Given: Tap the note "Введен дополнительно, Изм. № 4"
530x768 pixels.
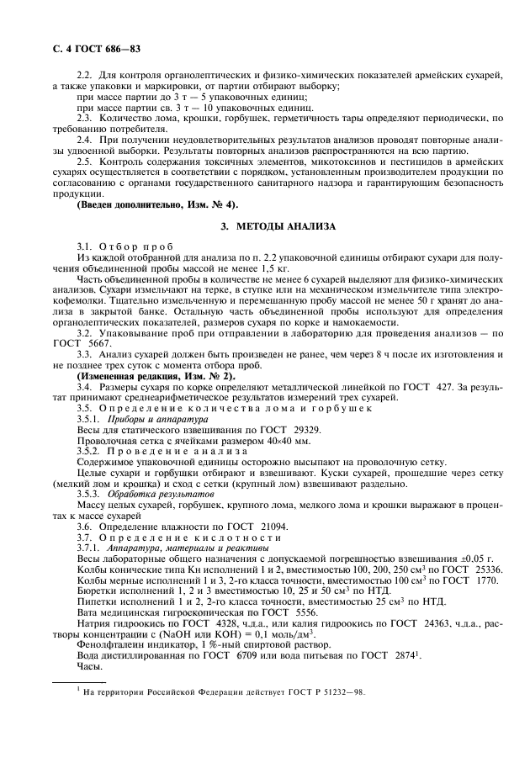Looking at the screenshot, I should [156, 205].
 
